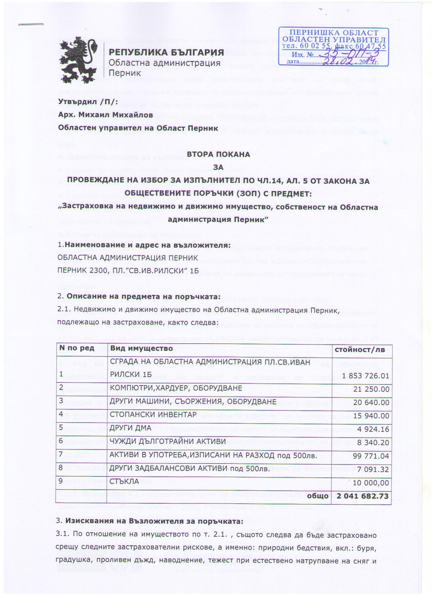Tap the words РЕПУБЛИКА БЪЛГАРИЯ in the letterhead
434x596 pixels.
tap(166, 53)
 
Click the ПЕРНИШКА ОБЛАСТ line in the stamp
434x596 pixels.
tap(334, 33)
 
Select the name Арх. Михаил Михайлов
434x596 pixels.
tap(106, 115)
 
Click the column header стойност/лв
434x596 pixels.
tap(361, 349)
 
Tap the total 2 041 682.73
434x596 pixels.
tap(363, 496)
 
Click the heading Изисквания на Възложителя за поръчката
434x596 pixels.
tap(154, 521)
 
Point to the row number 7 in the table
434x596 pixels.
tap(61, 454)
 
